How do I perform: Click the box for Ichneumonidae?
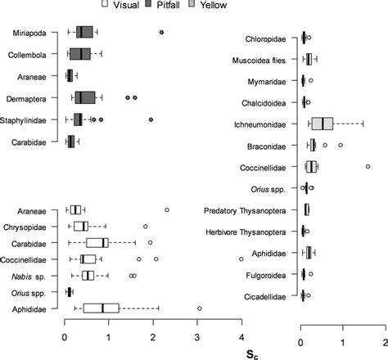(x=323, y=124)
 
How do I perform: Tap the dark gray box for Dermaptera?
(x=84, y=97)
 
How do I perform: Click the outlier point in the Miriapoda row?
(x=161, y=32)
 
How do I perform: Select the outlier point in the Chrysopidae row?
(x=146, y=226)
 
